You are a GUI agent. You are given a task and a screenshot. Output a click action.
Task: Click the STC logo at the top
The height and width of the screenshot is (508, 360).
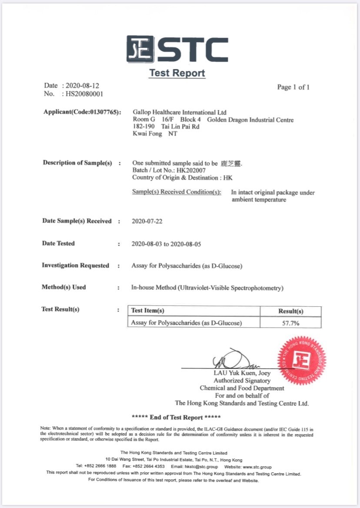tap(177, 49)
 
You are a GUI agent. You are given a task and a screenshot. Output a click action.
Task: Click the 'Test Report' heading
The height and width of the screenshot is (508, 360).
tap(177, 73)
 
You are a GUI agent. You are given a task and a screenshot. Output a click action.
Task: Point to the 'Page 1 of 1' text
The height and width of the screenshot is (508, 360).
tap(293, 87)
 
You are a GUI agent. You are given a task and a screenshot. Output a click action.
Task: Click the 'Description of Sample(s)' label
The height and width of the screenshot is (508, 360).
tap(77, 163)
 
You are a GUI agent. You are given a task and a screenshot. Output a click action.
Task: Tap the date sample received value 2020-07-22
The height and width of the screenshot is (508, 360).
tap(147, 221)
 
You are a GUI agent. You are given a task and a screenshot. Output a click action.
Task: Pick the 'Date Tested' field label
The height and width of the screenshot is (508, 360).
tap(58, 243)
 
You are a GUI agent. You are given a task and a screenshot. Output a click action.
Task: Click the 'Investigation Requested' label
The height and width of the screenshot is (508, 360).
tap(75, 265)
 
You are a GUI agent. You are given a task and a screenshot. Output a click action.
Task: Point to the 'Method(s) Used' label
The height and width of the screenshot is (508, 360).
tap(63, 287)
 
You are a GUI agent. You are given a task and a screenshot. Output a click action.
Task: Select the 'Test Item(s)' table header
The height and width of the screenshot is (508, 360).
tap(148, 311)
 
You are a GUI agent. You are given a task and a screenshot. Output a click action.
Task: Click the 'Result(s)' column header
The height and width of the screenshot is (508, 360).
tap(290, 311)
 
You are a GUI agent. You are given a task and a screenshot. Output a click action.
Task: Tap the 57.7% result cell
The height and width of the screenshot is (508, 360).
tap(290, 323)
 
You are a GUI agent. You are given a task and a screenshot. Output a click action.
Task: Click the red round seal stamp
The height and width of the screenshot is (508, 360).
tap(301, 360)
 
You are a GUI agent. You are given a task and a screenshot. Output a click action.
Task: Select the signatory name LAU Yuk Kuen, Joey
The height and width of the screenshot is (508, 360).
tap(242, 373)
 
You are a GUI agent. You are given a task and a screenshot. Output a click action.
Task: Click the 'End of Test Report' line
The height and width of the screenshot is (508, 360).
tap(176, 417)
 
